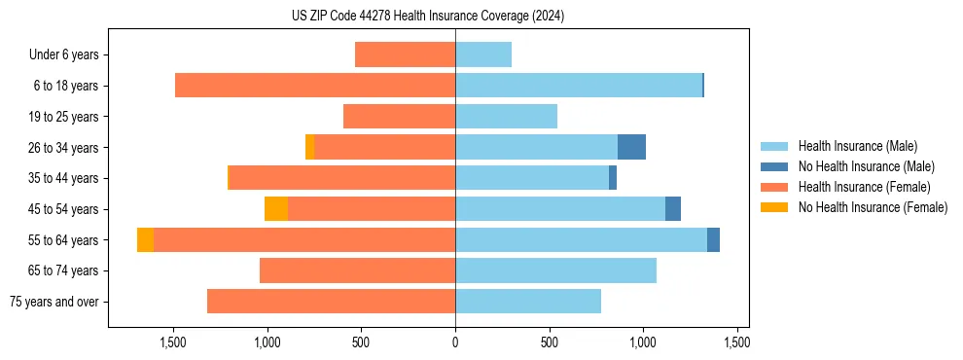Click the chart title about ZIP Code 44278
tap(428, 17)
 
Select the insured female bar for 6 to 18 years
tap(315, 86)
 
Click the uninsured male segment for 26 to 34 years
tap(631, 147)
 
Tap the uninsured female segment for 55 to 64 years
tap(145, 240)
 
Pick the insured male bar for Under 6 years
tap(483, 54)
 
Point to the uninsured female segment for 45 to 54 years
tap(276, 209)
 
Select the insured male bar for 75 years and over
tap(528, 302)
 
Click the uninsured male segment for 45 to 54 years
tap(673, 209)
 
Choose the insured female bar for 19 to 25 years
tap(399, 117)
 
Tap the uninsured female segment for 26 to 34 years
tap(309, 147)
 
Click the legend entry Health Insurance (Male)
tap(857, 146)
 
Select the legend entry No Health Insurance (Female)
tap(873, 207)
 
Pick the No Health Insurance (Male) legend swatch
tap(775, 166)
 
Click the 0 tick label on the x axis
tap(455, 342)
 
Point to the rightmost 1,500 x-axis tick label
tap(736, 342)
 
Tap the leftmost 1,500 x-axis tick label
tap(173, 342)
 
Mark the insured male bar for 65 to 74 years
tap(555, 270)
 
